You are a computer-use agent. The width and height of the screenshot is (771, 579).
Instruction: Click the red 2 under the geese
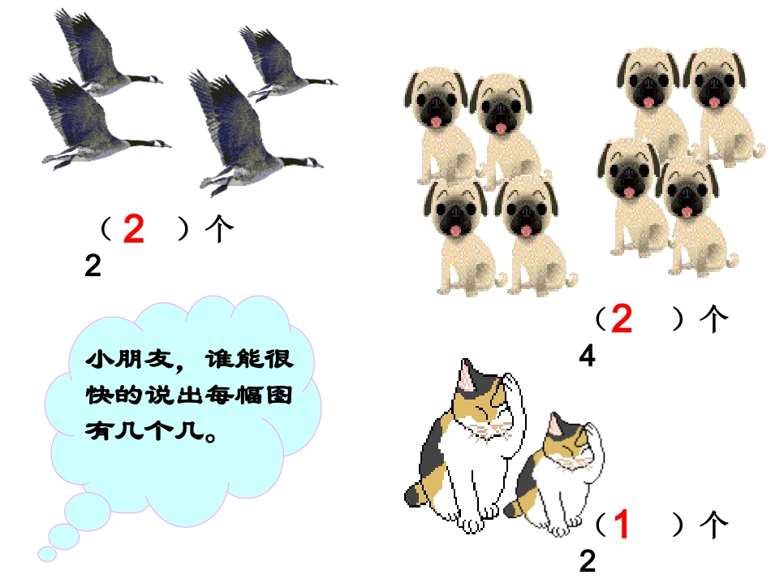pyautogui.click(x=134, y=231)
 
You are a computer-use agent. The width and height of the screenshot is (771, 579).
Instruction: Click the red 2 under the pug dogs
pyautogui.click(x=622, y=319)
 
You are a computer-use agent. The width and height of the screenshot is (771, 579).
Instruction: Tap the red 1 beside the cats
pyautogui.click(x=622, y=525)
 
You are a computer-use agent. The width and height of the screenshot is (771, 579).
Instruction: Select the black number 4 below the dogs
pyautogui.click(x=588, y=356)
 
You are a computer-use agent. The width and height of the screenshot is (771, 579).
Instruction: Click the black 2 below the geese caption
pyautogui.click(x=93, y=266)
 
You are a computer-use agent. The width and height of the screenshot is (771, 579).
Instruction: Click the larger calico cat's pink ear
pyautogui.click(x=467, y=376)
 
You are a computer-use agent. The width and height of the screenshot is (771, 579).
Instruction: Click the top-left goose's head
pyautogui.click(x=154, y=80)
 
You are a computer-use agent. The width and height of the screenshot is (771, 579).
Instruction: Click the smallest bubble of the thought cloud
pyautogui.click(x=47, y=554)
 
